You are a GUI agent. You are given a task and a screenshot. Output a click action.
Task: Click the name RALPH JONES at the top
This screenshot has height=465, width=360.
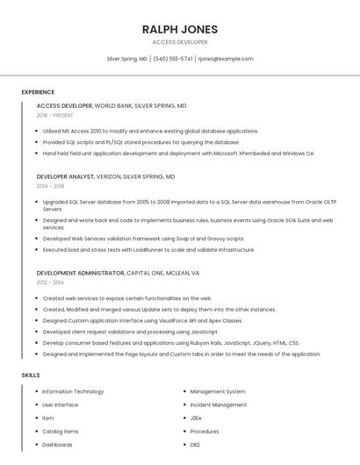coord(180,30)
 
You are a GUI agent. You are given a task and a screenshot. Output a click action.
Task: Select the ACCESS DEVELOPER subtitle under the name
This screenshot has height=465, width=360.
coord(180,42)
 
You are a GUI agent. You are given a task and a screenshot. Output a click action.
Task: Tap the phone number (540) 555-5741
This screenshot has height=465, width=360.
coord(172,59)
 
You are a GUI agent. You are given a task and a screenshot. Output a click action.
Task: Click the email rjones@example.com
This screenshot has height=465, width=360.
coord(226,59)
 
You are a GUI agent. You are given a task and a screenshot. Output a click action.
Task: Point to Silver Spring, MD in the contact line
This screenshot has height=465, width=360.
coord(126,59)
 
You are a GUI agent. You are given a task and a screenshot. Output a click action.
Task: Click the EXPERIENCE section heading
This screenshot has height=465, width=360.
coord(38,92)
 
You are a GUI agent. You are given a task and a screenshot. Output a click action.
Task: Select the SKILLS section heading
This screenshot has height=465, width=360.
coord(31,376)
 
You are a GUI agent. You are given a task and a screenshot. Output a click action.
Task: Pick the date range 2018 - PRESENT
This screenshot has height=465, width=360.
coord(54,116)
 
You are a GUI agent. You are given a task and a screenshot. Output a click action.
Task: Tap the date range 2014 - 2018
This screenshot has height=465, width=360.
coord(50,186)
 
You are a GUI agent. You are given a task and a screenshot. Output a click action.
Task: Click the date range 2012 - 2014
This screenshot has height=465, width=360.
coord(50,283)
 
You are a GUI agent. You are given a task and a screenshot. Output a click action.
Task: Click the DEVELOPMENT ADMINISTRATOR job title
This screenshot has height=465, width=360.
coord(80,273)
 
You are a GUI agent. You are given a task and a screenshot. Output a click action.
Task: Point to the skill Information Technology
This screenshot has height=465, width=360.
coord(73,391)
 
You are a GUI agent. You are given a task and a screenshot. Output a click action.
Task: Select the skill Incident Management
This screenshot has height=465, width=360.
coord(219,404)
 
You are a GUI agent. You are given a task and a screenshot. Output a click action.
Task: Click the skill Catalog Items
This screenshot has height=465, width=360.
coord(61,432)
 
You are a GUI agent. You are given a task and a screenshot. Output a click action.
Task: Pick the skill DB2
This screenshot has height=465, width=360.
coord(195,445)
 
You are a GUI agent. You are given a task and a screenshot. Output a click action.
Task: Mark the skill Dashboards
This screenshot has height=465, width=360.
coord(57,445)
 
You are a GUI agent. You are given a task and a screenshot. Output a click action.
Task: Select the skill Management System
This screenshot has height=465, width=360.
coord(218,391)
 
